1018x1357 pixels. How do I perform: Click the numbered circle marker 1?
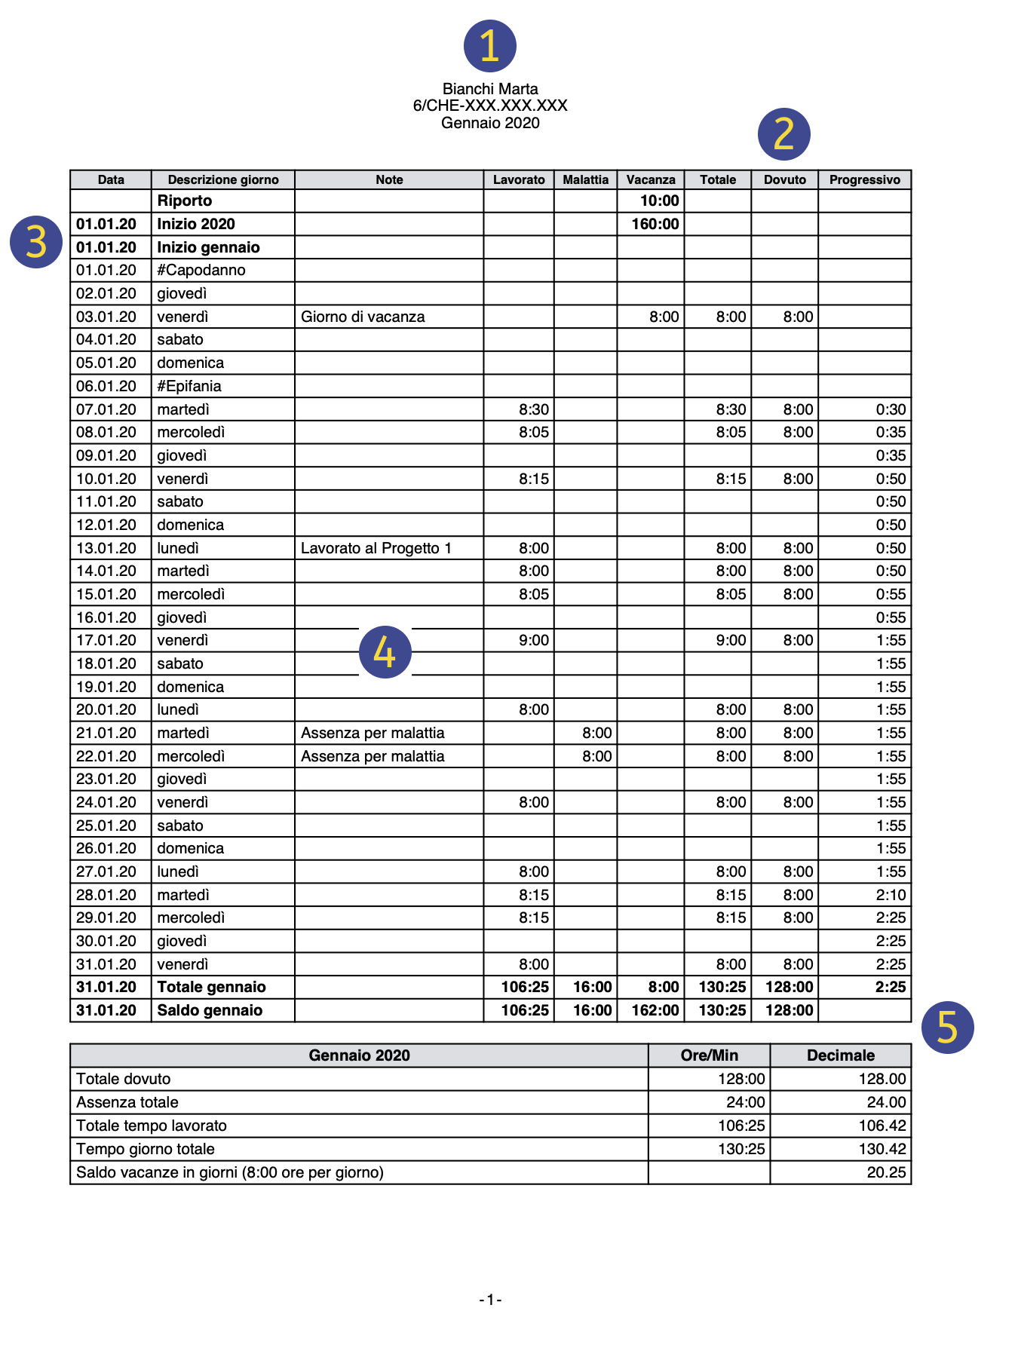[x=490, y=46]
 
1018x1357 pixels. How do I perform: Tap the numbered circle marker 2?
[x=784, y=134]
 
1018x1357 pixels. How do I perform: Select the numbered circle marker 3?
[x=36, y=242]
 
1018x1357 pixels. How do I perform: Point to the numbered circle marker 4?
[x=385, y=652]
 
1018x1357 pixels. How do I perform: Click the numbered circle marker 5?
[x=948, y=1028]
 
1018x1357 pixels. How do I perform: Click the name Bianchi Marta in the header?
[x=490, y=89]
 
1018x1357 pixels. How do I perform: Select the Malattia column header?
[x=585, y=179]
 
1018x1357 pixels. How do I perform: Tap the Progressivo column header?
[x=864, y=179]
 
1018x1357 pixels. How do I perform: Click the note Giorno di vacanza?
[x=363, y=317]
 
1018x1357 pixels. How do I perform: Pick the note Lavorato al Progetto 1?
[x=376, y=548]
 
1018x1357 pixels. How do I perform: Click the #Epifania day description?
[x=189, y=386]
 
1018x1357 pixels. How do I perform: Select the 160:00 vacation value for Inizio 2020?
[x=655, y=224]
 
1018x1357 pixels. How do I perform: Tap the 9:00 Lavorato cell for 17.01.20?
[x=534, y=640]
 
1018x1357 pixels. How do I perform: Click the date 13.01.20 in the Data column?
[x=106, y=548]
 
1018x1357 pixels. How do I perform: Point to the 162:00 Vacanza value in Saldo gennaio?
[x=655, y=1010]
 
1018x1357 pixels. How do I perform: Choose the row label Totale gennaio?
[x=211, y=987]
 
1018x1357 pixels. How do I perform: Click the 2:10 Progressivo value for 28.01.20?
[x=891, y=895]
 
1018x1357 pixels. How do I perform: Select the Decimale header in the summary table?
[x=840, y=1055]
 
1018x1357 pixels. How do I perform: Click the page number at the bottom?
[x=490, y=1300]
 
